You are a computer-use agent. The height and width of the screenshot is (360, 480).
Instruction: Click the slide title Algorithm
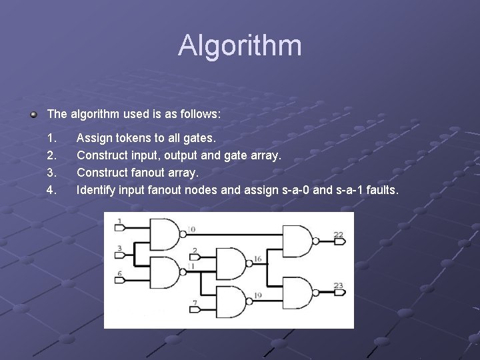click(240, 45)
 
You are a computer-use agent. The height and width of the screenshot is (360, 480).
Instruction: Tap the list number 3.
click(51, 173)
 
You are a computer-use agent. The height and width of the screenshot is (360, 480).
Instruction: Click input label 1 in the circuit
click(119, 221)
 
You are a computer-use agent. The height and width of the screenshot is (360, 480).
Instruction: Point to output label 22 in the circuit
click(339, 235)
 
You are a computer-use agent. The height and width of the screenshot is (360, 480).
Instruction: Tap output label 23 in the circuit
click(339, 285)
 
